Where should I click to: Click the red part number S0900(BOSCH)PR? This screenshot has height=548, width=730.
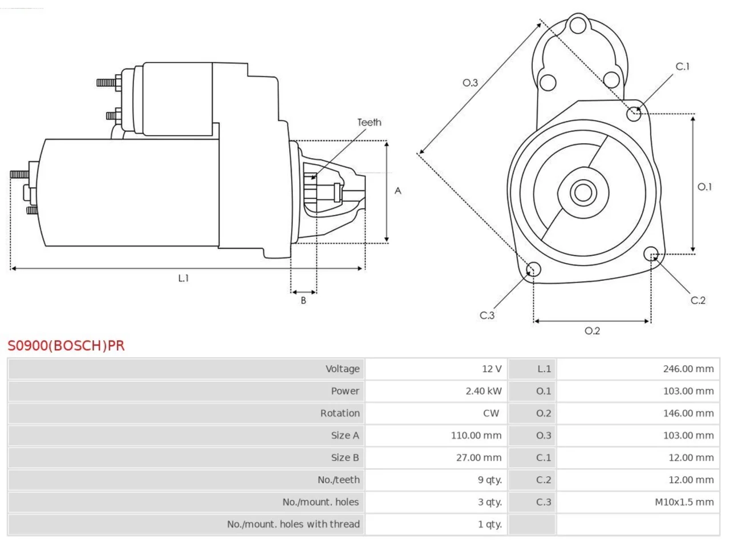pos(66,346)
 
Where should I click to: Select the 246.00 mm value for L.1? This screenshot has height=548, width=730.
pos(688,369)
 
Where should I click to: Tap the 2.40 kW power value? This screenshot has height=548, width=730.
pos(483,391)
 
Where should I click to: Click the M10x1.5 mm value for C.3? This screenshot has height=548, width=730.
pos(684,502)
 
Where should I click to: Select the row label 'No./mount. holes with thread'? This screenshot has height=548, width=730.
pos(293,525)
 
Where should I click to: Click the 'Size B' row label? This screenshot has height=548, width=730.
pos(345,457)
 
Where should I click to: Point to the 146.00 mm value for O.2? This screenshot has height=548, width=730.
pos(688,413)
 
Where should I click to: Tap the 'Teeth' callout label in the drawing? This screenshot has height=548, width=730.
pos(369,122)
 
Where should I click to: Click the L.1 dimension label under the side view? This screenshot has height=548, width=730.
pos(183,278)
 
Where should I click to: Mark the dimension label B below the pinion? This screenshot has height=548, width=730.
pos(303,300)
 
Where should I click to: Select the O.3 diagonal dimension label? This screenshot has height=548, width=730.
pos(470,83)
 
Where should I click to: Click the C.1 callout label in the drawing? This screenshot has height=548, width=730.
pos(682,67)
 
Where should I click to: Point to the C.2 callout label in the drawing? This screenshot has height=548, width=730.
pos(697,300)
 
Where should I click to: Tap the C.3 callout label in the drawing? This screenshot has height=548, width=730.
pos(487,316)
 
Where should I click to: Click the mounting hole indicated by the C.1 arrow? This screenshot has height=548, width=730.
pos(634,114)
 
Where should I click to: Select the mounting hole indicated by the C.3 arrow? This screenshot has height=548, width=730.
pos(533,269)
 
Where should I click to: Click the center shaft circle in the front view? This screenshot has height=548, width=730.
pos(583,192)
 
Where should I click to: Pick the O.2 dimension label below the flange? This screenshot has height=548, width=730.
pos(592,331)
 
